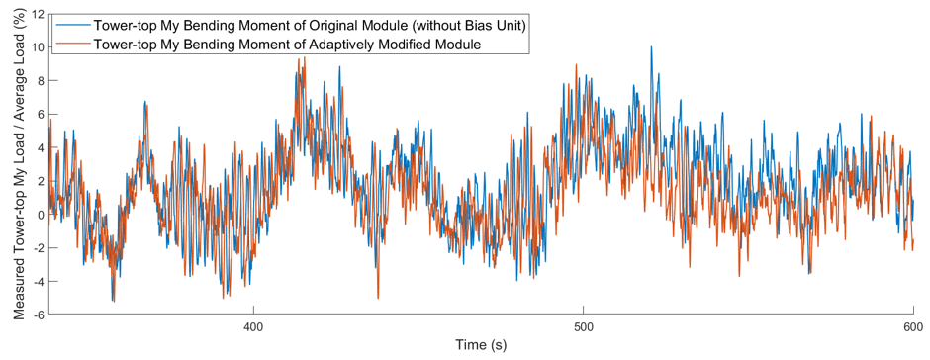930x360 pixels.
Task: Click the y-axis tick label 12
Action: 37,14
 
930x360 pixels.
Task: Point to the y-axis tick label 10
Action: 37,47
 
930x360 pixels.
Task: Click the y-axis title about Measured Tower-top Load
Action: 18,165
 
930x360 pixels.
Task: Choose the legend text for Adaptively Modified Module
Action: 286,44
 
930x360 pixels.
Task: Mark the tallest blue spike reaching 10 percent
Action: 651,46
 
